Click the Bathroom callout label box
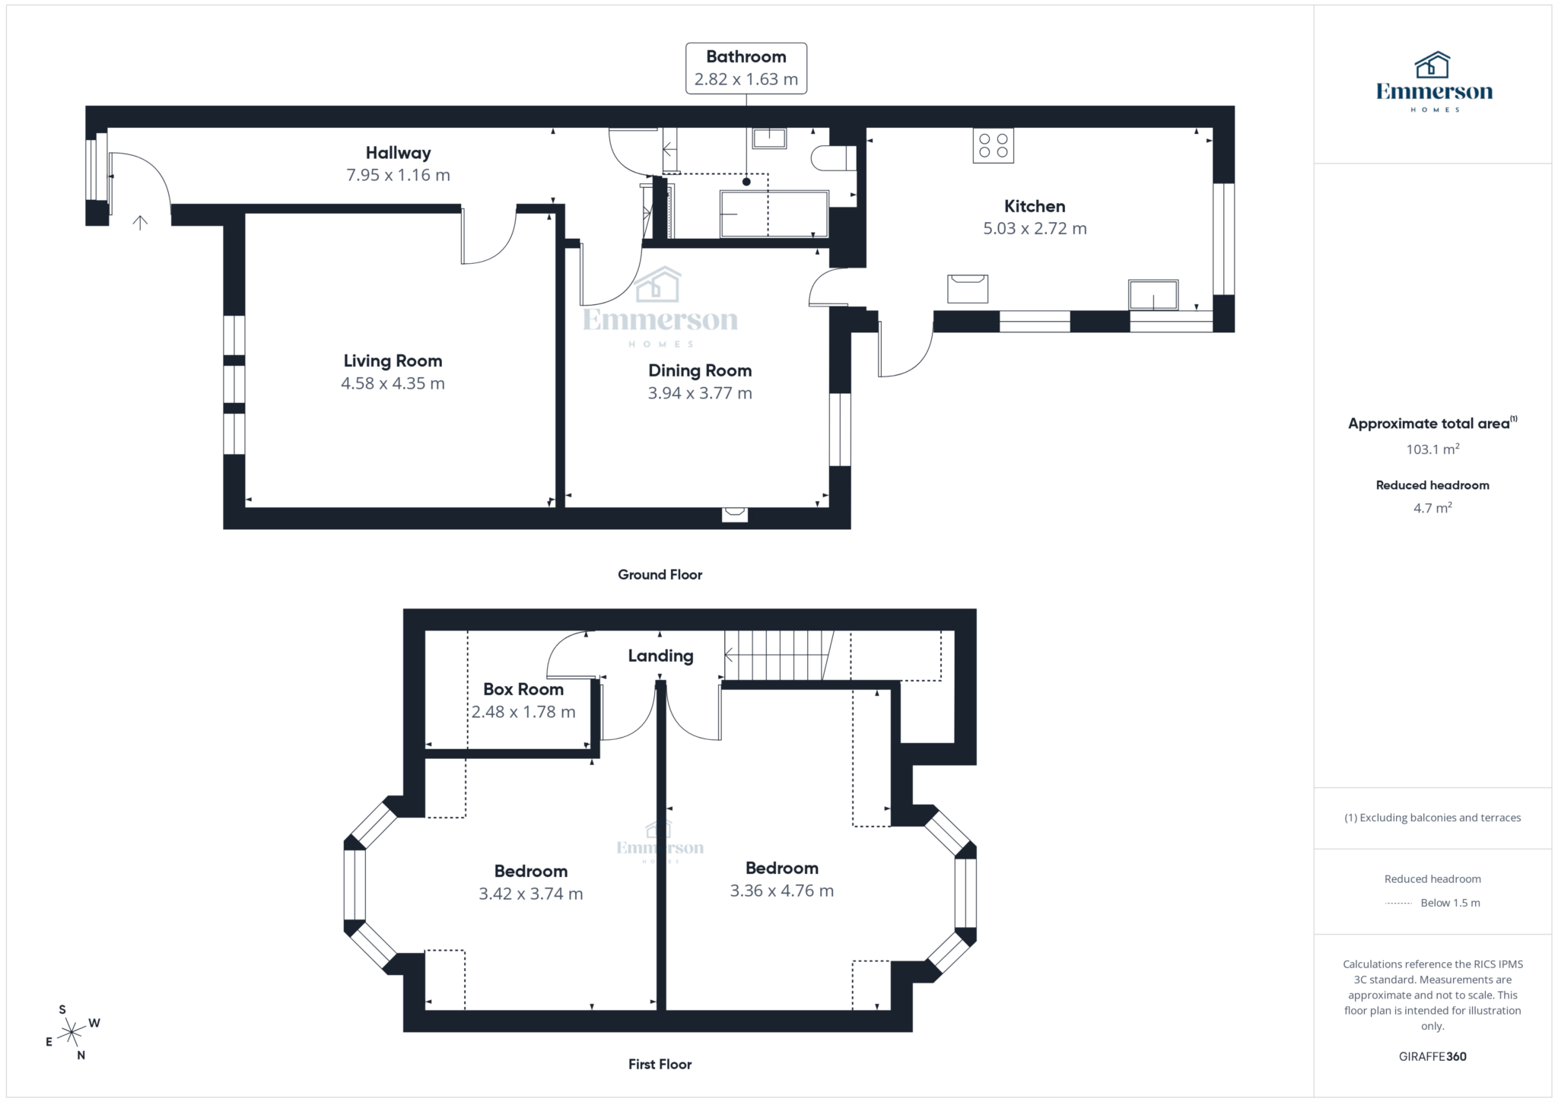pos(746,68)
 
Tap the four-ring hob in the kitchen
pos(993,145)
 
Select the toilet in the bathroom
pos(832,158)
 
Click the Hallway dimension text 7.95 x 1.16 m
pos(398,175)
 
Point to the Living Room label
pos(393,360)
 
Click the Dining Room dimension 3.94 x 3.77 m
pos(700,393)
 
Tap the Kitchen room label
pos(1034,206)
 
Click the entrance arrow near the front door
pos(140,222)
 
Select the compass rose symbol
pos(72,1032)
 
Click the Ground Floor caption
pos(660,575)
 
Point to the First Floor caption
pos(660,1064)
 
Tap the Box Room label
pos(523,689)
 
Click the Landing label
pos(660,656)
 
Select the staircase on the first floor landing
pos(776,655)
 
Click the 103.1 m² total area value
pos(1432,449)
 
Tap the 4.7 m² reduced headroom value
pos(1432,508)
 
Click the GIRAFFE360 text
pos(1432,1056)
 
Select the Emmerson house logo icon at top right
pos(1432,65)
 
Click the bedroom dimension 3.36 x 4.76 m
pos(781,891)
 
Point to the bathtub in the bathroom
pos(774,214)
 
